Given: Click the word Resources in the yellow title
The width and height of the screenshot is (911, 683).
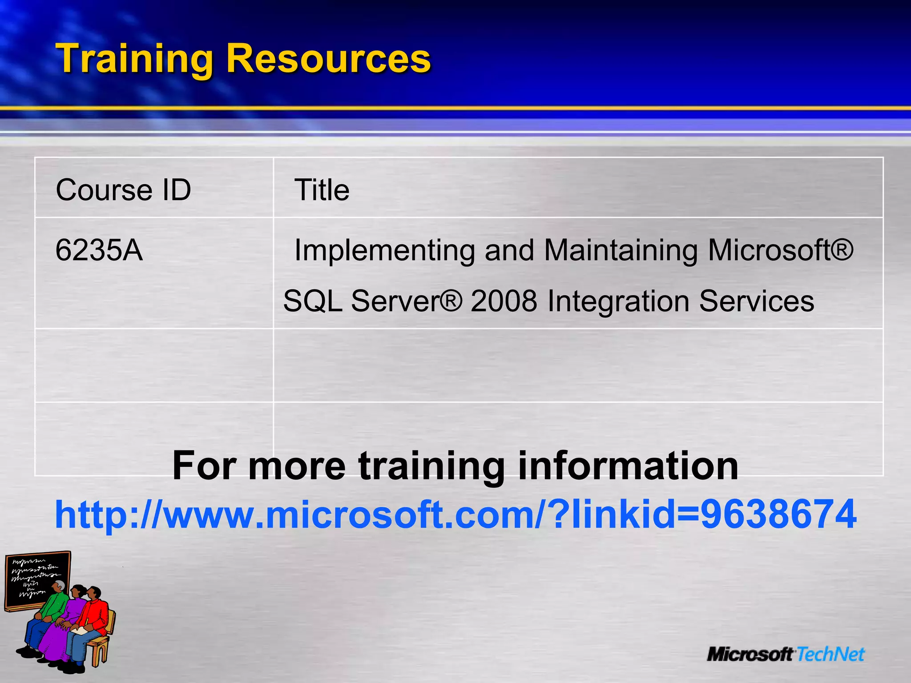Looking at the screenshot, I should (x=328, y=59).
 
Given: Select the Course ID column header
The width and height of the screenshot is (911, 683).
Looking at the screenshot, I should (x=123, y=190).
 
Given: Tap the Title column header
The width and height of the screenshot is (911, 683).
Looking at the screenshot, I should (x=322, y=190).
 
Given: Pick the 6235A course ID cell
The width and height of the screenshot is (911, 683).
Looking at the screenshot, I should (x=99, y=250).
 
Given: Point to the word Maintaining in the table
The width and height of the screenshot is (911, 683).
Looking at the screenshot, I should (x=621, y=250).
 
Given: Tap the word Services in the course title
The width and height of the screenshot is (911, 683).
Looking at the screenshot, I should (x=756, y=301).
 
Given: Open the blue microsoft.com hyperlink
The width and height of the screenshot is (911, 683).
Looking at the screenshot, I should (x=455, y=514).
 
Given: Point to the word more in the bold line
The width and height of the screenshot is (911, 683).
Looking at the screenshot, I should (x=297, y=466).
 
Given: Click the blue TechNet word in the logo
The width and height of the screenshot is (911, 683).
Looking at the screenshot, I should (x=830, y=654).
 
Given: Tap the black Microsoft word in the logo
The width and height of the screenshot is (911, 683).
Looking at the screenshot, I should (x=750, y=654).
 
